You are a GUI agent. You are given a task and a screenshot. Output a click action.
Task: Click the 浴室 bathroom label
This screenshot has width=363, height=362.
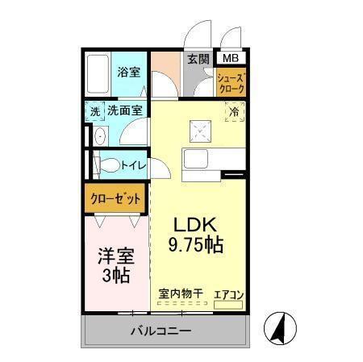click(x=128, y=71)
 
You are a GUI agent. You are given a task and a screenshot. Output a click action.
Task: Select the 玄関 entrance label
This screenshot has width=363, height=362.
click(x=198, y=58)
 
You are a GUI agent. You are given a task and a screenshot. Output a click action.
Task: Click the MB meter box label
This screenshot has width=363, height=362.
click(x=231, y=58)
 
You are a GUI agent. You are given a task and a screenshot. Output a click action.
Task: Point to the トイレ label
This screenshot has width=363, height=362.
click(x=133, y=166)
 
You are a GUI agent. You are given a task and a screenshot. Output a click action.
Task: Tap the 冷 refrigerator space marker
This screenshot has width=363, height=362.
click(x=232, y=113)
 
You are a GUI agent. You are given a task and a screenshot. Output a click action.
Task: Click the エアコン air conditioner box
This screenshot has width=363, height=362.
click(x=228, y=297)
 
